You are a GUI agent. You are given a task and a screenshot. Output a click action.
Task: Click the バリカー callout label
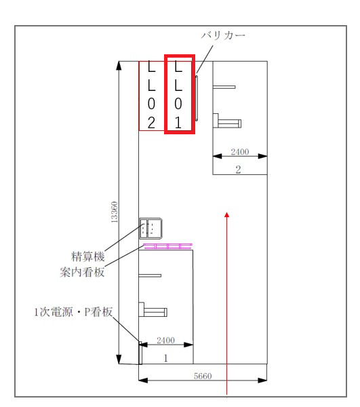pyautogui.click(x=223, y=35)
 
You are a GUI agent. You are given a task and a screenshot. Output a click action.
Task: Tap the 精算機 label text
pyautogui.click(x=88, y=256)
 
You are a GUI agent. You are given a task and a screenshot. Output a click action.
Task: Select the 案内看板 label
pyautogui.click(x=82, y=272)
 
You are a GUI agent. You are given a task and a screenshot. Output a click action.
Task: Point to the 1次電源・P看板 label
pyautogui.click(x=73, y=312)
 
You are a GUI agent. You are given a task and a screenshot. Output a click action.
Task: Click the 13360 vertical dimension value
pyautogui.click(x=114, y=212)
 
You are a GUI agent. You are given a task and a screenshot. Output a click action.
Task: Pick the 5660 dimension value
pyautogui.click(x=203, y=376)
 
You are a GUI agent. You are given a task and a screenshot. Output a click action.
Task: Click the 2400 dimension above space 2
pyautogui.click(x=240, y=152)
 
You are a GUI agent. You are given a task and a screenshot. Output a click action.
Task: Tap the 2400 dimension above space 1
pyautogui.click(x=165, y=341)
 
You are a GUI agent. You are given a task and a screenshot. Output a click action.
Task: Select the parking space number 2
pyautogui.click(x=238, y=170)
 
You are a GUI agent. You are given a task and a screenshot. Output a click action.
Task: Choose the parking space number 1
pyautogui.click(x=166, y=358)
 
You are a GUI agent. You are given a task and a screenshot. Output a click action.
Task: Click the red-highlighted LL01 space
pyautogui.click(x=180, y=94)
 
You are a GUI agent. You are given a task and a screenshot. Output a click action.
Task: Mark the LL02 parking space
pyautogui.click(x=152, y=96)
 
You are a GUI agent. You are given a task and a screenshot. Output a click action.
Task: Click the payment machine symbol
pyautogui.click(x=151, y=229)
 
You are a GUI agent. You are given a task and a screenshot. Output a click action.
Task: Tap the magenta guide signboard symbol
pyautogui.click(x=168, y=246)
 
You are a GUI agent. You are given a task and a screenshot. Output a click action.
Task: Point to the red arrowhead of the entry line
pyautogui.click(x=227, y=214)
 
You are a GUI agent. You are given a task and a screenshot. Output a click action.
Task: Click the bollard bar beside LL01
pyautogui.click(x=197, y=98)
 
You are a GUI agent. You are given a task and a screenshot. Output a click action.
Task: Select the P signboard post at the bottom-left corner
pyautogui.click(x=140, y=353)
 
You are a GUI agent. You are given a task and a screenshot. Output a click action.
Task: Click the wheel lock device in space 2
pyautogui.click(x=227, y=121)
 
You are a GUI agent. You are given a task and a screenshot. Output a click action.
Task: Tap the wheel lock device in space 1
pyautogui.click(x=153, y=310)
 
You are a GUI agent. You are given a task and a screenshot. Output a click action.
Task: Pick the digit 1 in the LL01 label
pyautogui.click(x=178, y=123)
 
